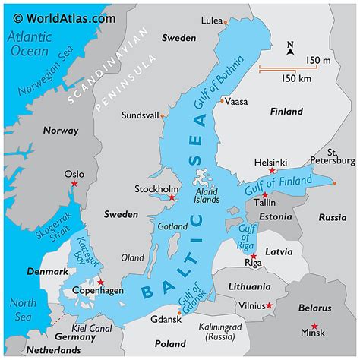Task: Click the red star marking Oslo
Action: tap(74, 185)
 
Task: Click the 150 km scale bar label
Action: tap(298, 78)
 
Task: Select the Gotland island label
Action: tap(172, 226)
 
